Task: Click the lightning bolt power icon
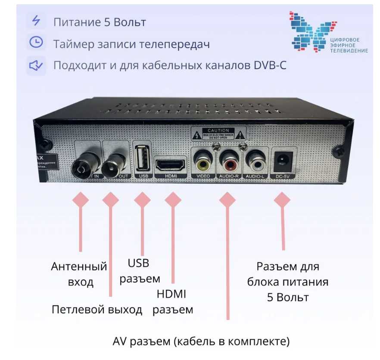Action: coord(36,21)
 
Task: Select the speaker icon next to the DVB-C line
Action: coord(36,65)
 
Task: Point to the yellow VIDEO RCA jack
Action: coord(203,162)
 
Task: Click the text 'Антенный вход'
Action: coord(79,274)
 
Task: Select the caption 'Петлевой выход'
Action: coord(97,310)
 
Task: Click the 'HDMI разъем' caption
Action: coord(172,301)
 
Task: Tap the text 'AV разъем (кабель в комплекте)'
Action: coord(201,341)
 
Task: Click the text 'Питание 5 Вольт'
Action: coord(100,22)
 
